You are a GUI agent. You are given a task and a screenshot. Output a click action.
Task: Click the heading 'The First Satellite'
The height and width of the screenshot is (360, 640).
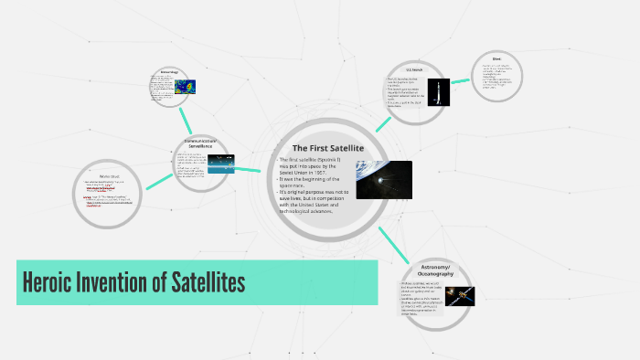point(327,148)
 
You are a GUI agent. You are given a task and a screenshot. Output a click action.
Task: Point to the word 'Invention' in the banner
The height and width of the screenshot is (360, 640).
point(128,282)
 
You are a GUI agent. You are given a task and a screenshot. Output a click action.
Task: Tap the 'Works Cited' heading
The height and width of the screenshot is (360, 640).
point(111,175)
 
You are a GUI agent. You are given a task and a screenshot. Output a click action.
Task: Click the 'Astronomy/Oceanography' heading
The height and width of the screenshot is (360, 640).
point(436,270)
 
